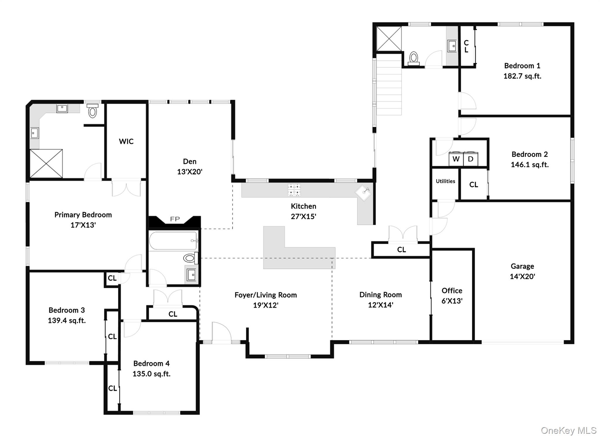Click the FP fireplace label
[175, 219]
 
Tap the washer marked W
[456, 159]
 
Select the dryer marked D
[471, 159]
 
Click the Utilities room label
[445, 181]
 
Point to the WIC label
[126, 141]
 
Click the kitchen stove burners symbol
[294, 190]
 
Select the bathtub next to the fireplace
[173, 241]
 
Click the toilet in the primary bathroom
[93, 111]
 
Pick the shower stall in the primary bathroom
[46, 163]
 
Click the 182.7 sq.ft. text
[522, 76]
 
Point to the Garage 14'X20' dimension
[522, 276]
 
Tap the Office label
[452, 291]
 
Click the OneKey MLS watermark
[568, 430]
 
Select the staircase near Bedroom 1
[389, 85]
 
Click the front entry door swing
[221, 332]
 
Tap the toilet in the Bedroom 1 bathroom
[413, 58]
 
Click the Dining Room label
[380, 295]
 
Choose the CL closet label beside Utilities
[473, 185]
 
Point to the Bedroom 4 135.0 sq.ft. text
[151, 374]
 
